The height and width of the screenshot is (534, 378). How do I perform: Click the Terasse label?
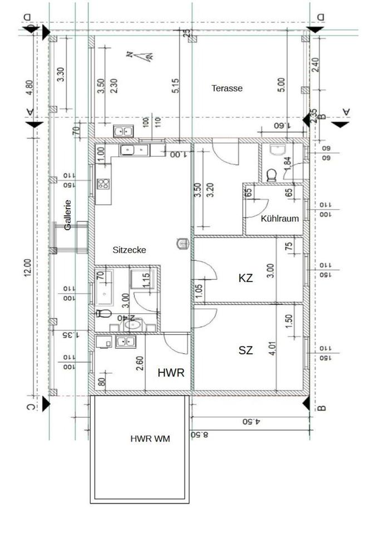227,88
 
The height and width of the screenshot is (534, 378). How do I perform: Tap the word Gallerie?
67,215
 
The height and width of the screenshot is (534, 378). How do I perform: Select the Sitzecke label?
129,250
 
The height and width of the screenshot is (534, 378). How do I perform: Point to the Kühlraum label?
280,219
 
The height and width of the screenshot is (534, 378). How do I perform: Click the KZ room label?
246,278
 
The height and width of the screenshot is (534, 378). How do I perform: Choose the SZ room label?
246,350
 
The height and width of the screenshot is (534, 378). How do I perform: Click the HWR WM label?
150,438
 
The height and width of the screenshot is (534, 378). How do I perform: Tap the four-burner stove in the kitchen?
104,184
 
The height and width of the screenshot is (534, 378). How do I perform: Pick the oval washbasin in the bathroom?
132,325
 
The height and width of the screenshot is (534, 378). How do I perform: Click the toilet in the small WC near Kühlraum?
272,175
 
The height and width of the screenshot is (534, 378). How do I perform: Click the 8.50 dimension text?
199,434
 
